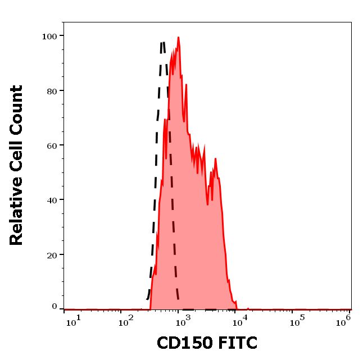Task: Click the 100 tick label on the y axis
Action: click(50, 36)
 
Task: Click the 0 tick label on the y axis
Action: click(55, 307)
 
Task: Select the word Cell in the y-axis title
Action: click(17, 160)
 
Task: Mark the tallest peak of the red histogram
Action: click(178, 38)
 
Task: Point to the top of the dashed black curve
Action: click(162, 42)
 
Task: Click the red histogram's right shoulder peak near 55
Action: click(216, 159)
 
